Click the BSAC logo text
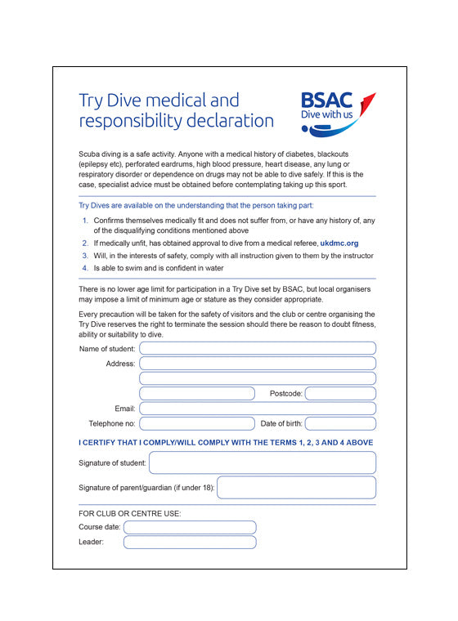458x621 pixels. (326, 101)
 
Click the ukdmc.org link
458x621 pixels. (339, 243)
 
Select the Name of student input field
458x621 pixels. (258, 349)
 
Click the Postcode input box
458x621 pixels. (340, 393)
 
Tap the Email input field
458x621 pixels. (258, 409)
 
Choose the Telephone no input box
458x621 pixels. (197, 423)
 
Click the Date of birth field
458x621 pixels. (340, 423)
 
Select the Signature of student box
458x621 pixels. (263, 462)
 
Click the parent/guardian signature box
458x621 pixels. (296, 488)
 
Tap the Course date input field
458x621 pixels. (190, 527)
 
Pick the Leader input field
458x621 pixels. (190, 542)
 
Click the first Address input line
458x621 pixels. (258, 364)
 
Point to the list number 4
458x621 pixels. (85, 268)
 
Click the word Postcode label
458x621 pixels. (285, 394)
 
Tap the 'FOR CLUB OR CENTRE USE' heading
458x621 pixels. (130, 513)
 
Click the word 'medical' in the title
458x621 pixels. (181, 101)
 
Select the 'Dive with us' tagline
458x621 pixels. (326, 116)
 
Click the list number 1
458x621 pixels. (85, 221)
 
